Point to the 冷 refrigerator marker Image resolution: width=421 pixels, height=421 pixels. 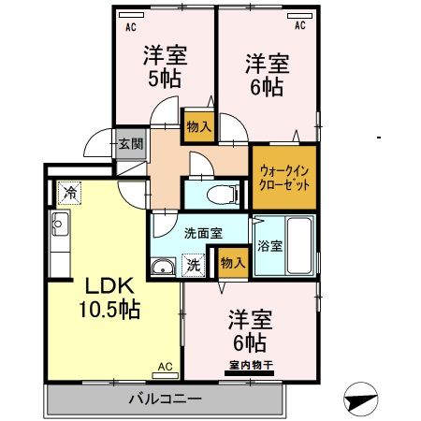pos(70,193)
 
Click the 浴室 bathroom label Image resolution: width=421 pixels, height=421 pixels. pos(269,247)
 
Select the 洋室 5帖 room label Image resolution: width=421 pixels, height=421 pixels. pos(166,65)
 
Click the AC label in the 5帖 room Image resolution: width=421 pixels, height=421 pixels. pos(129,26)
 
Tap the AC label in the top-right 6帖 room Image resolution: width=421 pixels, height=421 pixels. pos(300,26)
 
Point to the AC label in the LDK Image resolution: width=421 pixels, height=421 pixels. pos(165,368)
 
